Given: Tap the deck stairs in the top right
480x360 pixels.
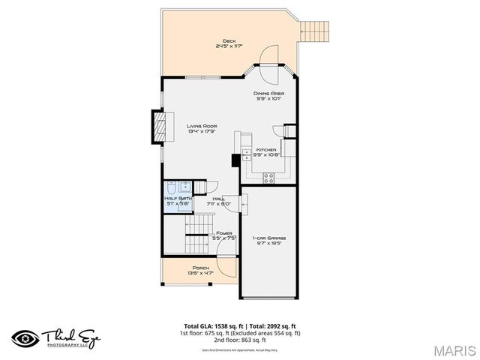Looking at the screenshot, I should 315,31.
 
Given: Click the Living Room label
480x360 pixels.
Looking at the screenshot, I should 202,128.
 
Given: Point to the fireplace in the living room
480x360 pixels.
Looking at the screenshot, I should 157,126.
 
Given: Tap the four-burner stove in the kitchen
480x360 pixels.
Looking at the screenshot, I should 268,176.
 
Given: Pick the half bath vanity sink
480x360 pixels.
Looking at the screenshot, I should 185,187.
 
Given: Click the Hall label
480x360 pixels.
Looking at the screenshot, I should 219,201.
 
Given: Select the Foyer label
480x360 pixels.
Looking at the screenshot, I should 224,235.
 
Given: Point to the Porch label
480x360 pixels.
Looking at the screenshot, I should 200,270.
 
